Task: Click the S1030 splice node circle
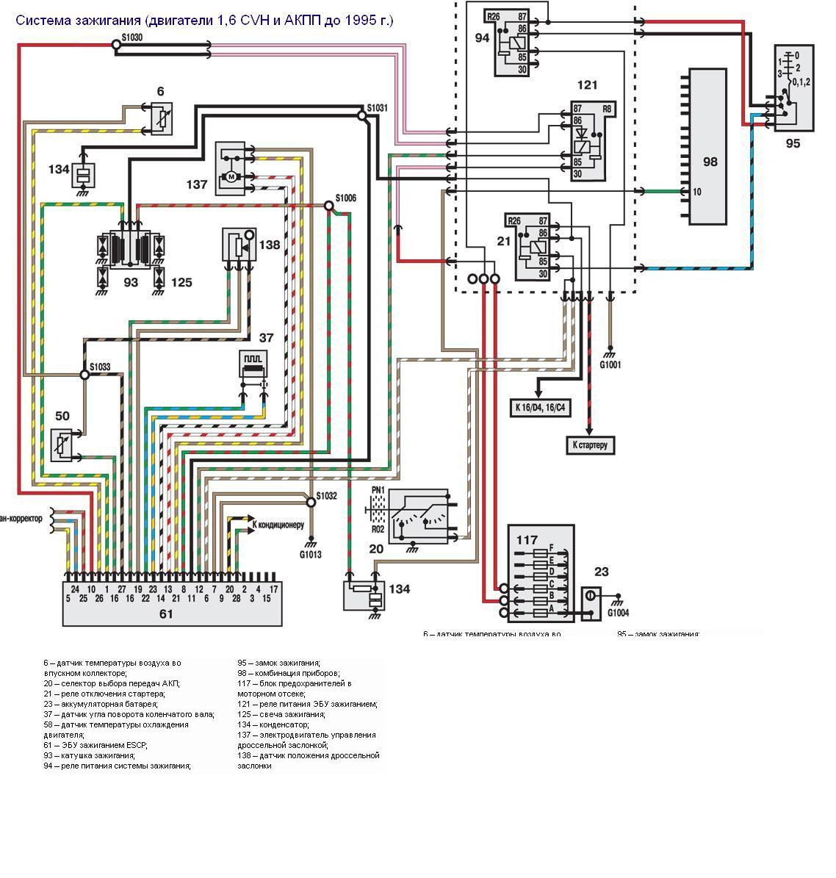pyautogui.click(x=115, y=45)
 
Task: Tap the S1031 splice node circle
pyautogui.click(x=361, y=115)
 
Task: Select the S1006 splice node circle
pyautogui.click(x=328, y=206)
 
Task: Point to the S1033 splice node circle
pyautogui.click(x=84, y=375)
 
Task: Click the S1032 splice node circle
pyautogui.click(x=311, y=501)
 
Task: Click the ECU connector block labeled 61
pyautogui.click(x=172, y=602)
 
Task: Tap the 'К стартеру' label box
pyautogui.click(x=589, y=445)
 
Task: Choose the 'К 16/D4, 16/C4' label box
pyautogui.click(x=541, y=408)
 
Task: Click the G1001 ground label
pyautogui.click(x=610, y=364)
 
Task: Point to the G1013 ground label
pyautogui.click(x=310, y=555)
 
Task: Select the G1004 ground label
pyautogui.click(x=618, y=612)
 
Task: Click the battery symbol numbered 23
pyautogui.click(x=591, y=596)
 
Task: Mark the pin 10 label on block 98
pyautogui.click(x=696, y=192)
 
